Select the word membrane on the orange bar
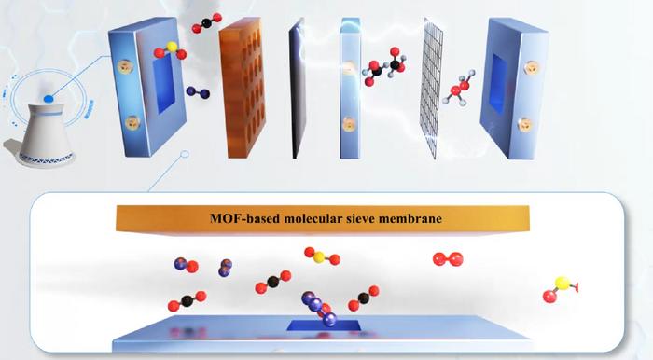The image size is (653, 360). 413,221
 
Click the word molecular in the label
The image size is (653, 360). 311,221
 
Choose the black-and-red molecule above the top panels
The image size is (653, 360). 206,21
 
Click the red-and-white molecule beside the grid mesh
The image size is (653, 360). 459,92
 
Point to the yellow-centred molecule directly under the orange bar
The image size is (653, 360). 321,255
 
